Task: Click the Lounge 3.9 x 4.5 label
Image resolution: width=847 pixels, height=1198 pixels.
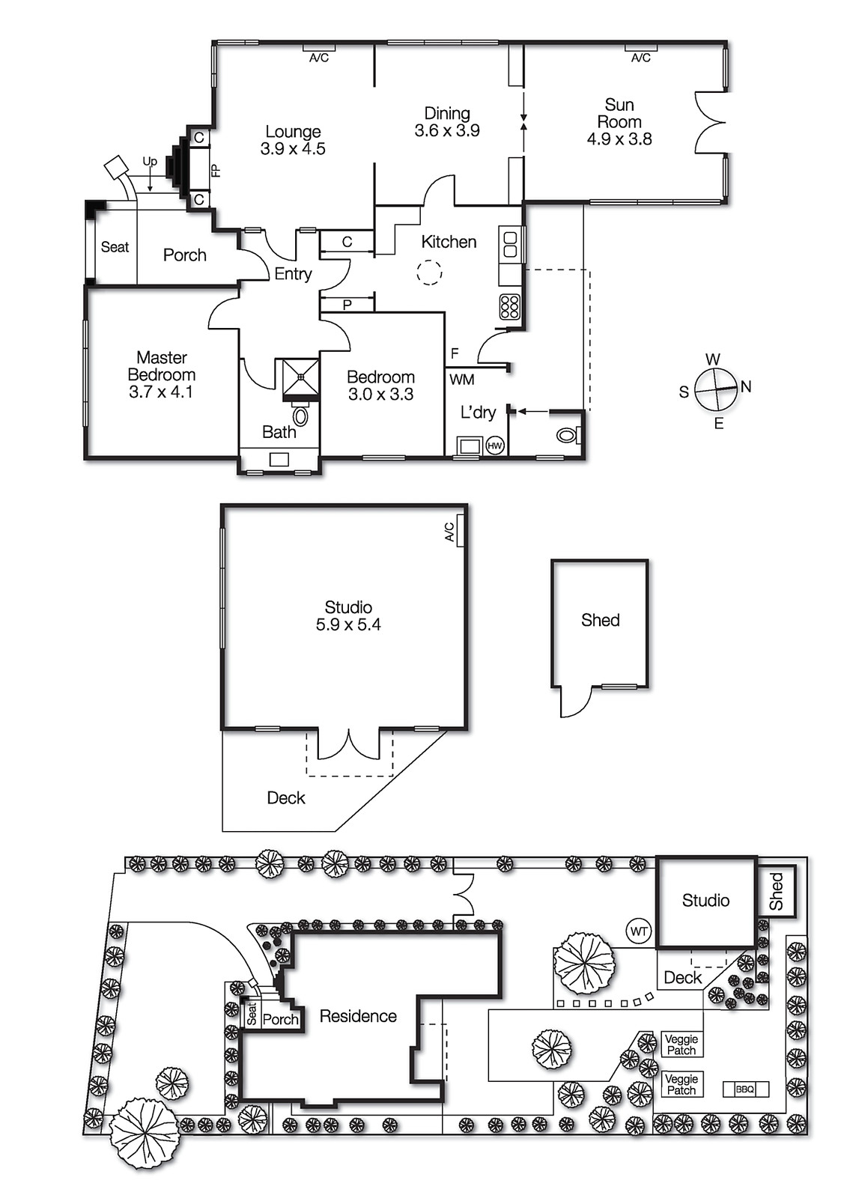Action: point(293,140)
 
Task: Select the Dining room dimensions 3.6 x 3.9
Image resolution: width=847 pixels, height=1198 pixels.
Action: point(447,130)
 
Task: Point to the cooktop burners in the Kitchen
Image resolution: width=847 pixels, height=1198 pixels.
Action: point(510,307)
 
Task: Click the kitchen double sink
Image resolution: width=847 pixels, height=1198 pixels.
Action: point(510,245)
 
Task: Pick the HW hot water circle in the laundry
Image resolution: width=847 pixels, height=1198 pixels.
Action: point(495,446)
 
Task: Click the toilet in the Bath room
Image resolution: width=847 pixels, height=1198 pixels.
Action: point(300,416)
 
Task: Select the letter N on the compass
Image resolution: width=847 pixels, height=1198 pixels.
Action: point(746,386)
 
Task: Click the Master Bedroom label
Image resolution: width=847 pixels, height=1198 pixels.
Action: point(161,366)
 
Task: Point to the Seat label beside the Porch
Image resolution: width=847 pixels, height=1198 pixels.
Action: point(115,247)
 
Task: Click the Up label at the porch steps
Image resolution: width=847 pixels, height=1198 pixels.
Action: point(150,161)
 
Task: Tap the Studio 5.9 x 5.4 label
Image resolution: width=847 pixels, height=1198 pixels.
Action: point(348,615)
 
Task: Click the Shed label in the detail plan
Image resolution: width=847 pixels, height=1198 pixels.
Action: point(600,620)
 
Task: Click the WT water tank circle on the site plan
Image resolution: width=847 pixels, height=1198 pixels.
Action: point(639,931)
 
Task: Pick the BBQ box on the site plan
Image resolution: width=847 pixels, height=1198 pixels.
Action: point(745,1089)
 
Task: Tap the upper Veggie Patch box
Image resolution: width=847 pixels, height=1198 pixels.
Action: point(681,1044)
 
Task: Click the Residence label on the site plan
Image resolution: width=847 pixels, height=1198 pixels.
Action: point(358,1016)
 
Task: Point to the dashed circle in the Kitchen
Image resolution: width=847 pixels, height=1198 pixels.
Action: point(429,273)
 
